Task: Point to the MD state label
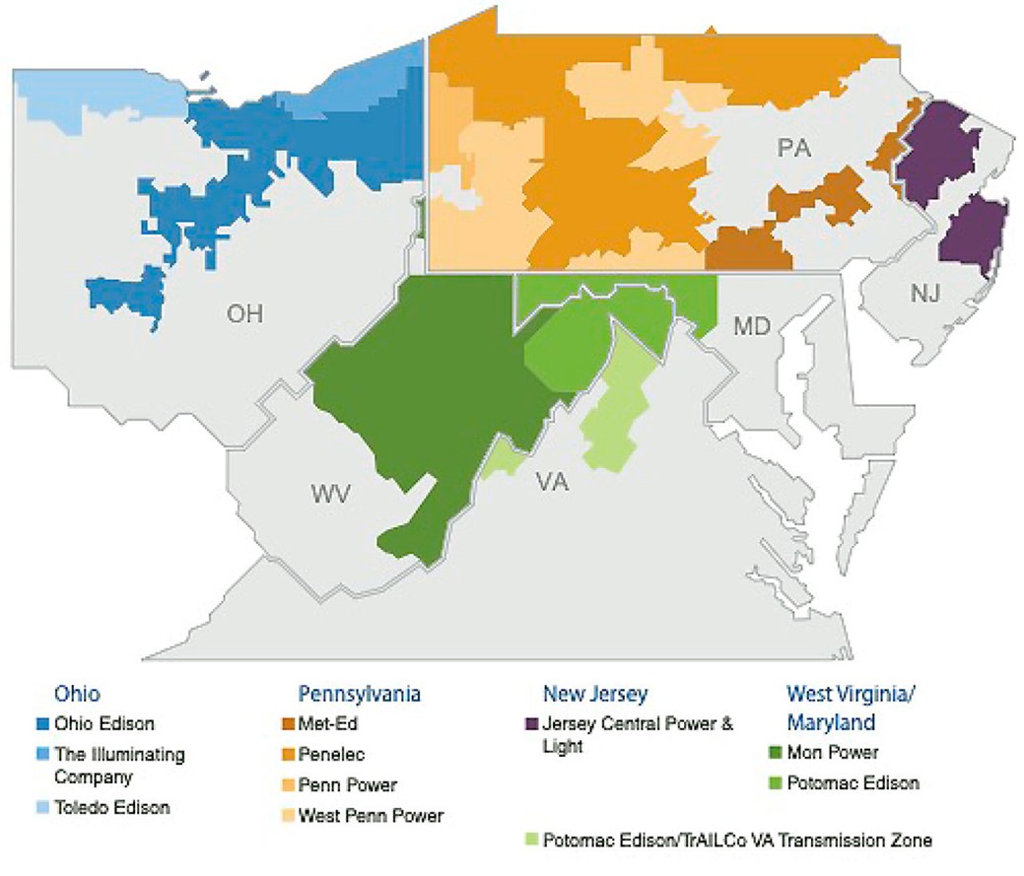tap(752, 324)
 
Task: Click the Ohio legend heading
tap(77, 694)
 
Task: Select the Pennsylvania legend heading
tap(359, 694)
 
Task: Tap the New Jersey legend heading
tap(594, 694)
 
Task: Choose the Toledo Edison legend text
tap(112, 807)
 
